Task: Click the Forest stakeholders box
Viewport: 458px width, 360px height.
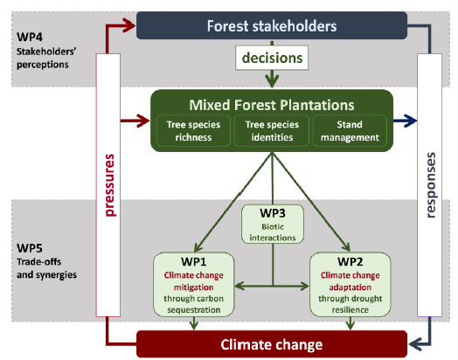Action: coord(272,25)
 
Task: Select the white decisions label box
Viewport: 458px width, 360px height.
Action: coord(272,58)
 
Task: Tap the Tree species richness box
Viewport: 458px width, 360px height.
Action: coord(193,131)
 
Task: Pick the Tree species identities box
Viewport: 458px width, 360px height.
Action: coord(272,131)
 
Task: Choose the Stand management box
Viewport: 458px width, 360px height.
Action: coord(350,131)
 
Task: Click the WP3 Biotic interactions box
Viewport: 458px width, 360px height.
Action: coord(273,224)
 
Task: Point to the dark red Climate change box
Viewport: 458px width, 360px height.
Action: coord(272,344)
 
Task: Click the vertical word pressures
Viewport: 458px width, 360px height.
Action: coord(109,185)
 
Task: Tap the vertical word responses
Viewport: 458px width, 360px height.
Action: coord(431,185)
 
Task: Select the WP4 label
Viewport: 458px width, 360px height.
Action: coord(30,37)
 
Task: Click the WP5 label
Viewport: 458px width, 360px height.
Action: coord(30,248)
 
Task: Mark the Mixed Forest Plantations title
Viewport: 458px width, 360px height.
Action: coord(272,105)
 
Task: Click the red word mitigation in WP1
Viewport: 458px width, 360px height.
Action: coord(193,287)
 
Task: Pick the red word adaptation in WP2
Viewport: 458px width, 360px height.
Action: coord(350,287)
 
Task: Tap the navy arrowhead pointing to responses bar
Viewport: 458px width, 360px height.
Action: coord(410,121)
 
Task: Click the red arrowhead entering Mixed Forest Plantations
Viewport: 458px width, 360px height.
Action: coord(142,121)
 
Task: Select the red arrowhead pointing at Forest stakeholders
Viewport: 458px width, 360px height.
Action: coord(128,25)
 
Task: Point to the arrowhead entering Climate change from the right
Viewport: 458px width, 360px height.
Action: coord(415,344)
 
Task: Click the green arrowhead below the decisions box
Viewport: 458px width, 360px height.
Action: coord(272,81)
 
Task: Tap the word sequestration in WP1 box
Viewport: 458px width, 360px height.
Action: coord(194,310)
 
